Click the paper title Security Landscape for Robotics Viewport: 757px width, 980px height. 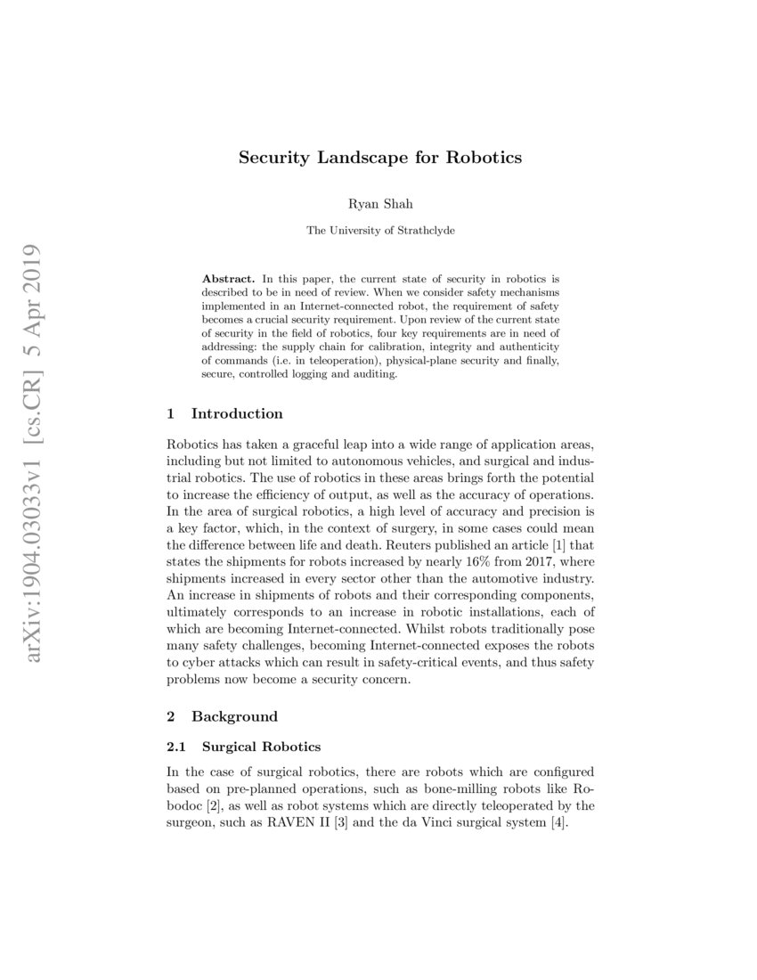click(379, 159)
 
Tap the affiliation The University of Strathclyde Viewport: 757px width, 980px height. click(380, 230)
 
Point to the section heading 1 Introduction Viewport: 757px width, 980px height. click(224, 413)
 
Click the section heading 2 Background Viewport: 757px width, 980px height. click(222, 716)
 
